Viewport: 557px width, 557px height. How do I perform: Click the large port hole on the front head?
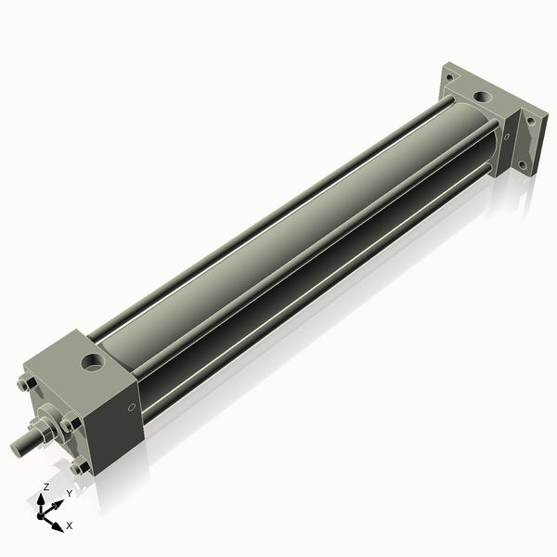pyautogui.click(x=93, y=359)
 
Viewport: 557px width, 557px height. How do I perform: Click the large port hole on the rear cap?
pyautogui.click(x=483, y=96)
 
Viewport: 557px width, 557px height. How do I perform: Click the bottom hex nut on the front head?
pyautogui.click(x=79, y=466)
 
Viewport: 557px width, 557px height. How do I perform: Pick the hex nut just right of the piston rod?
pyautogui.click(x=69, y=425)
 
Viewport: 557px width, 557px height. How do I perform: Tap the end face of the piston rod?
pyautogui.click(x=16, y=448)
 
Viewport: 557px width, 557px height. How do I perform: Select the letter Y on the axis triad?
pyautogui.click(x=69, y=494)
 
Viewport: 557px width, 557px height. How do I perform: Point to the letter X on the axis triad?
pyautogui.click(x=70, y=525)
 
